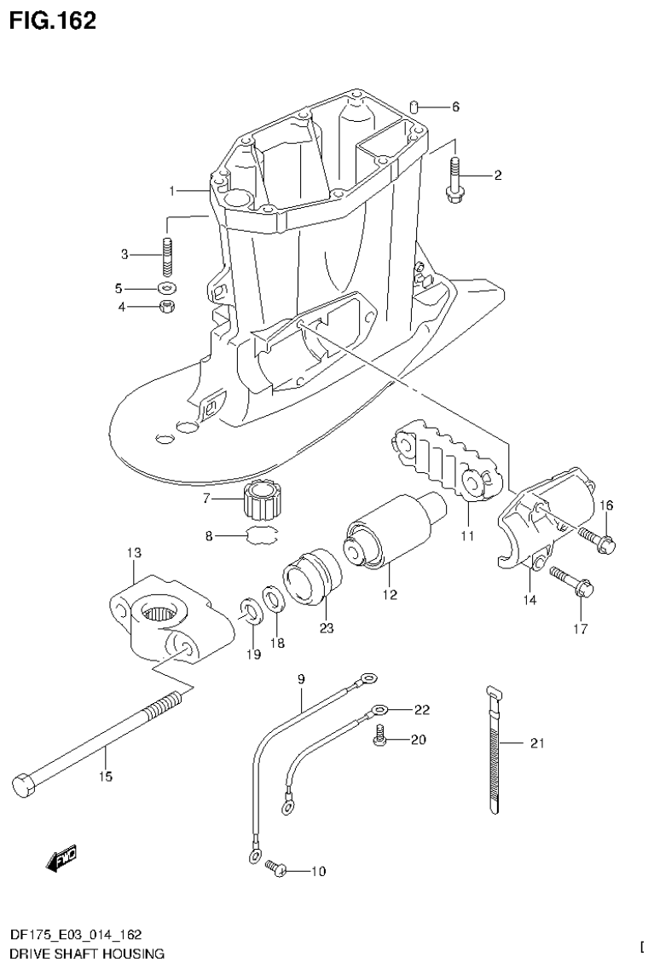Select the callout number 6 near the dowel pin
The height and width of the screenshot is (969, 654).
[455, 107]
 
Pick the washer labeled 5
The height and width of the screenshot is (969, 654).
[167, 287]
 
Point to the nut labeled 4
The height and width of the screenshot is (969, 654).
[168, 306]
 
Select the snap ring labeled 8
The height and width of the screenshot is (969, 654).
[262, 535]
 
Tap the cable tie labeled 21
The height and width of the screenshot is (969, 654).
[495, 750]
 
